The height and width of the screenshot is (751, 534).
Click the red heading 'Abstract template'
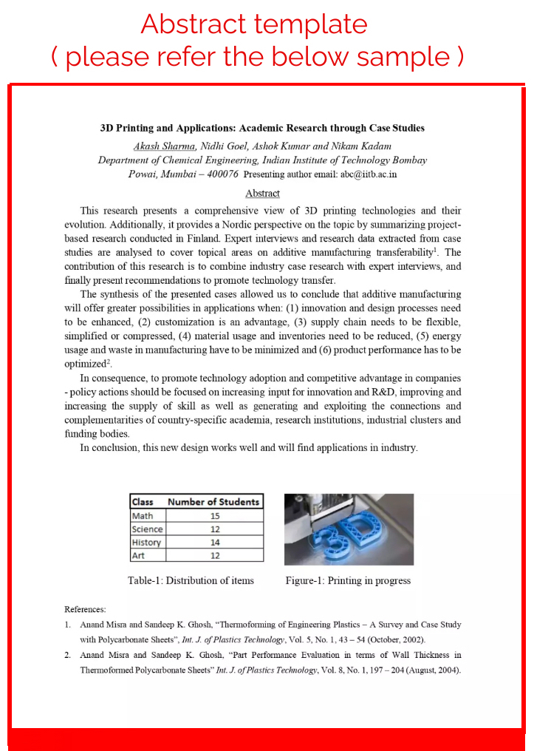[x=254, y=25]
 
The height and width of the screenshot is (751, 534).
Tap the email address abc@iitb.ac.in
[x=358, y=174]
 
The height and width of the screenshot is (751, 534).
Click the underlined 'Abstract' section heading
[x=262, y=193]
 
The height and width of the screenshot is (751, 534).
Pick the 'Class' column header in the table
[x=143, y=502]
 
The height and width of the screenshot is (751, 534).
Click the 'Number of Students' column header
[x=213, y=502]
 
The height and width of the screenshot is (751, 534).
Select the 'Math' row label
[x=143, y=516]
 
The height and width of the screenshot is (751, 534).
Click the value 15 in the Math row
[x=214, y=516]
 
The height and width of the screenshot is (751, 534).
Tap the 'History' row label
[x=146, y=543]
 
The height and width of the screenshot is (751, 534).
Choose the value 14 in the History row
[x=214, y=543]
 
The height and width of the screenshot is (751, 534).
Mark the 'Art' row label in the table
[x=138, y=556]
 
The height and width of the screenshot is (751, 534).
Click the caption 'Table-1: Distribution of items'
[x=191, y=580]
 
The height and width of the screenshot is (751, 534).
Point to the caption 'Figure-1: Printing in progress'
[x=348, y=580]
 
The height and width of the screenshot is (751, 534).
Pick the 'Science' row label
[x=147, y=529]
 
